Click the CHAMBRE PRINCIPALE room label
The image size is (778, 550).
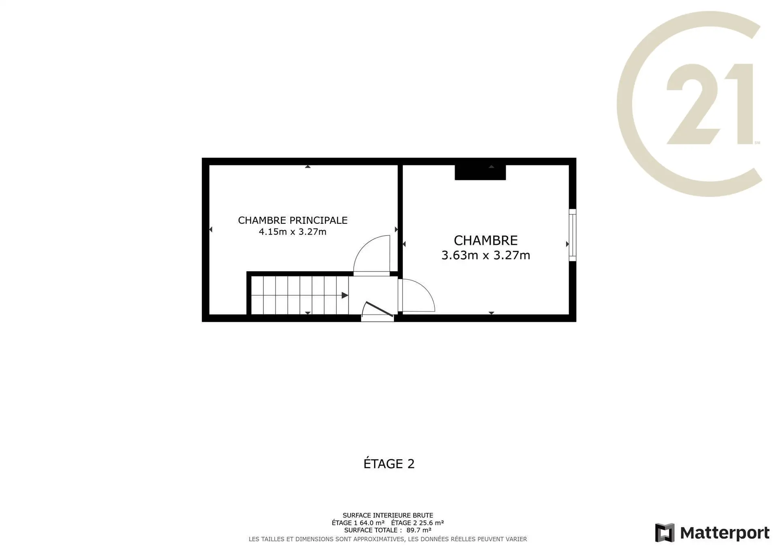tap(293, 220)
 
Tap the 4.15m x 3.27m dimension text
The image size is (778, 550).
tap(293, 232)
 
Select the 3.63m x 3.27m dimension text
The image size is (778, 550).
tap(486, 255)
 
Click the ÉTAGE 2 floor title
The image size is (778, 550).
tap(389, 463)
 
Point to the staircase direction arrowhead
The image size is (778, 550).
tap(345, 295)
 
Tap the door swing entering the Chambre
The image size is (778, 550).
tap(417, 295)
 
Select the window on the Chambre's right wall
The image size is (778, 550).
tap(573, 235)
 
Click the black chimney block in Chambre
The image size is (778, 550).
tap(480, 172)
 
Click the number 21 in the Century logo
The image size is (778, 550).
tap(710, 104)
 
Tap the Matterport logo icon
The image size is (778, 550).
tap(665, 533)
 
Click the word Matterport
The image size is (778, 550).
tap(725, 533)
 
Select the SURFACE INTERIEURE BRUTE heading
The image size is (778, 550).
tap(388, 516)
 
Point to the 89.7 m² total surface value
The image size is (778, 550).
tap(419, 530)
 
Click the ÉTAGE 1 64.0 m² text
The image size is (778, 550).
tap(358, 523)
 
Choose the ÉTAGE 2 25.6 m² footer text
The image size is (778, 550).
tap(417, 523)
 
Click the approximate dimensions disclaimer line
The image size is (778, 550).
tap(388, 539)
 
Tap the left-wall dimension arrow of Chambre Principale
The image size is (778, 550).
tap(211, 229)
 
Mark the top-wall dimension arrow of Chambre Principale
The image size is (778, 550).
tap(308, 166)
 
